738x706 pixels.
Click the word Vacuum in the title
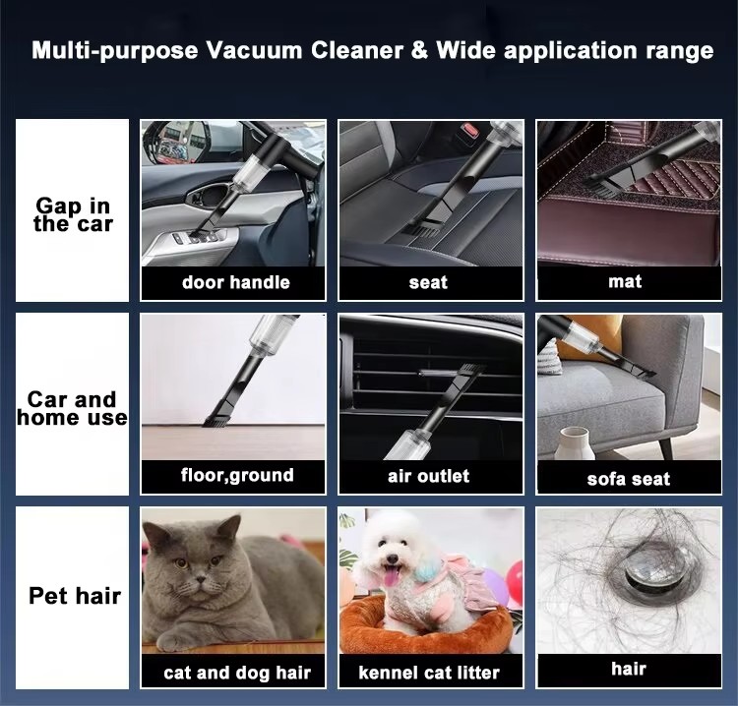pyautogui.click(x=255, y=50)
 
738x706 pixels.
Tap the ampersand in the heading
pyautogui.click(x=419, y=50)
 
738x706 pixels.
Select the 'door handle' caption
pyautogui.click(x=236, y=282)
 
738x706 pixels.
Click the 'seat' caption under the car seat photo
pyautogui.click(x=428, y=282)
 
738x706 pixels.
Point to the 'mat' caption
pyautogui.click(x=625, y=281)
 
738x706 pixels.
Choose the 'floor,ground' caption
pyautogui.click(x=237, y=476)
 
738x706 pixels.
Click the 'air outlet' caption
pyautogui.click(x=428, y=476)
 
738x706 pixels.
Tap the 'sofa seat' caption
pyautogui.click(x=629, y=479)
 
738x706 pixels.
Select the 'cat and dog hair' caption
pyautogui.click(x=237, y=673)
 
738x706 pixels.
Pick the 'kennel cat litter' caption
pyautogui.click(x=429, y=673)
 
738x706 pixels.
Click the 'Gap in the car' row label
pyautogui.click(x=73, y=214)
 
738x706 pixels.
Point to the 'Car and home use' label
pyautogui.click(x=72, y=408)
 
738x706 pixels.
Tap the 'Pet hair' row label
pyautogui.click(x=75, y=596)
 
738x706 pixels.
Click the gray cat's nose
pyautogui.click(x=202, y=578)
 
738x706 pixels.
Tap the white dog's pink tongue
pyautogui.click(x=391, y=576)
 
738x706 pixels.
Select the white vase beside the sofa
pyautogui.click(x=575, y=443)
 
